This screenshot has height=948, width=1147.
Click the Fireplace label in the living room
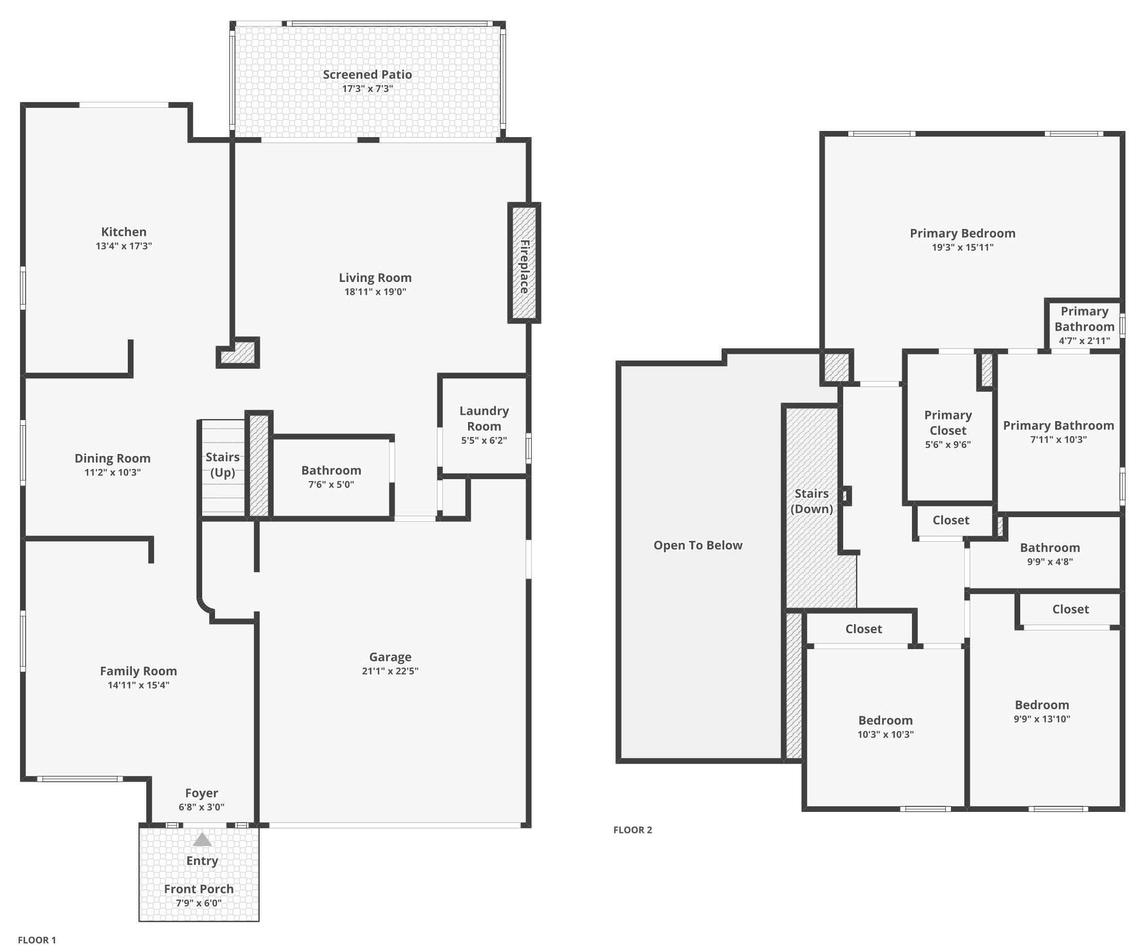(524, 267)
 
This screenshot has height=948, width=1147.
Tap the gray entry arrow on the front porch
(202, 839)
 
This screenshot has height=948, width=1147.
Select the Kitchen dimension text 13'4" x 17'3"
(124, 247)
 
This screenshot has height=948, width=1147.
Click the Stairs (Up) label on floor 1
(223, 465)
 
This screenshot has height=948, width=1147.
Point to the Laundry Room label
(484, 419)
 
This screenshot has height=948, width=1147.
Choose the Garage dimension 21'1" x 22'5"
(390, 671)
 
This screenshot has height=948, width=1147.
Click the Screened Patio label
(367, 75)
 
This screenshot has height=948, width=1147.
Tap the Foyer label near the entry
(201, 793)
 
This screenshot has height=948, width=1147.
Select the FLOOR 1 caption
(37, 940)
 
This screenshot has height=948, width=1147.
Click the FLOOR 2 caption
(632, 830)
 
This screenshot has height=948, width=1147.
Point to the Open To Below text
(698, 545)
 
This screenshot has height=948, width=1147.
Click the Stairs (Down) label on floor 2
(811, 501)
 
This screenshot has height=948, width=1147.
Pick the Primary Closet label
(948, 423)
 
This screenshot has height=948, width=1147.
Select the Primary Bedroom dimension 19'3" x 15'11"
(963, 248)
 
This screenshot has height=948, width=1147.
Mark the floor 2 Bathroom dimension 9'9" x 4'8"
(1050, 562)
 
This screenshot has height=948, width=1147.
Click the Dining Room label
(112, 459)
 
